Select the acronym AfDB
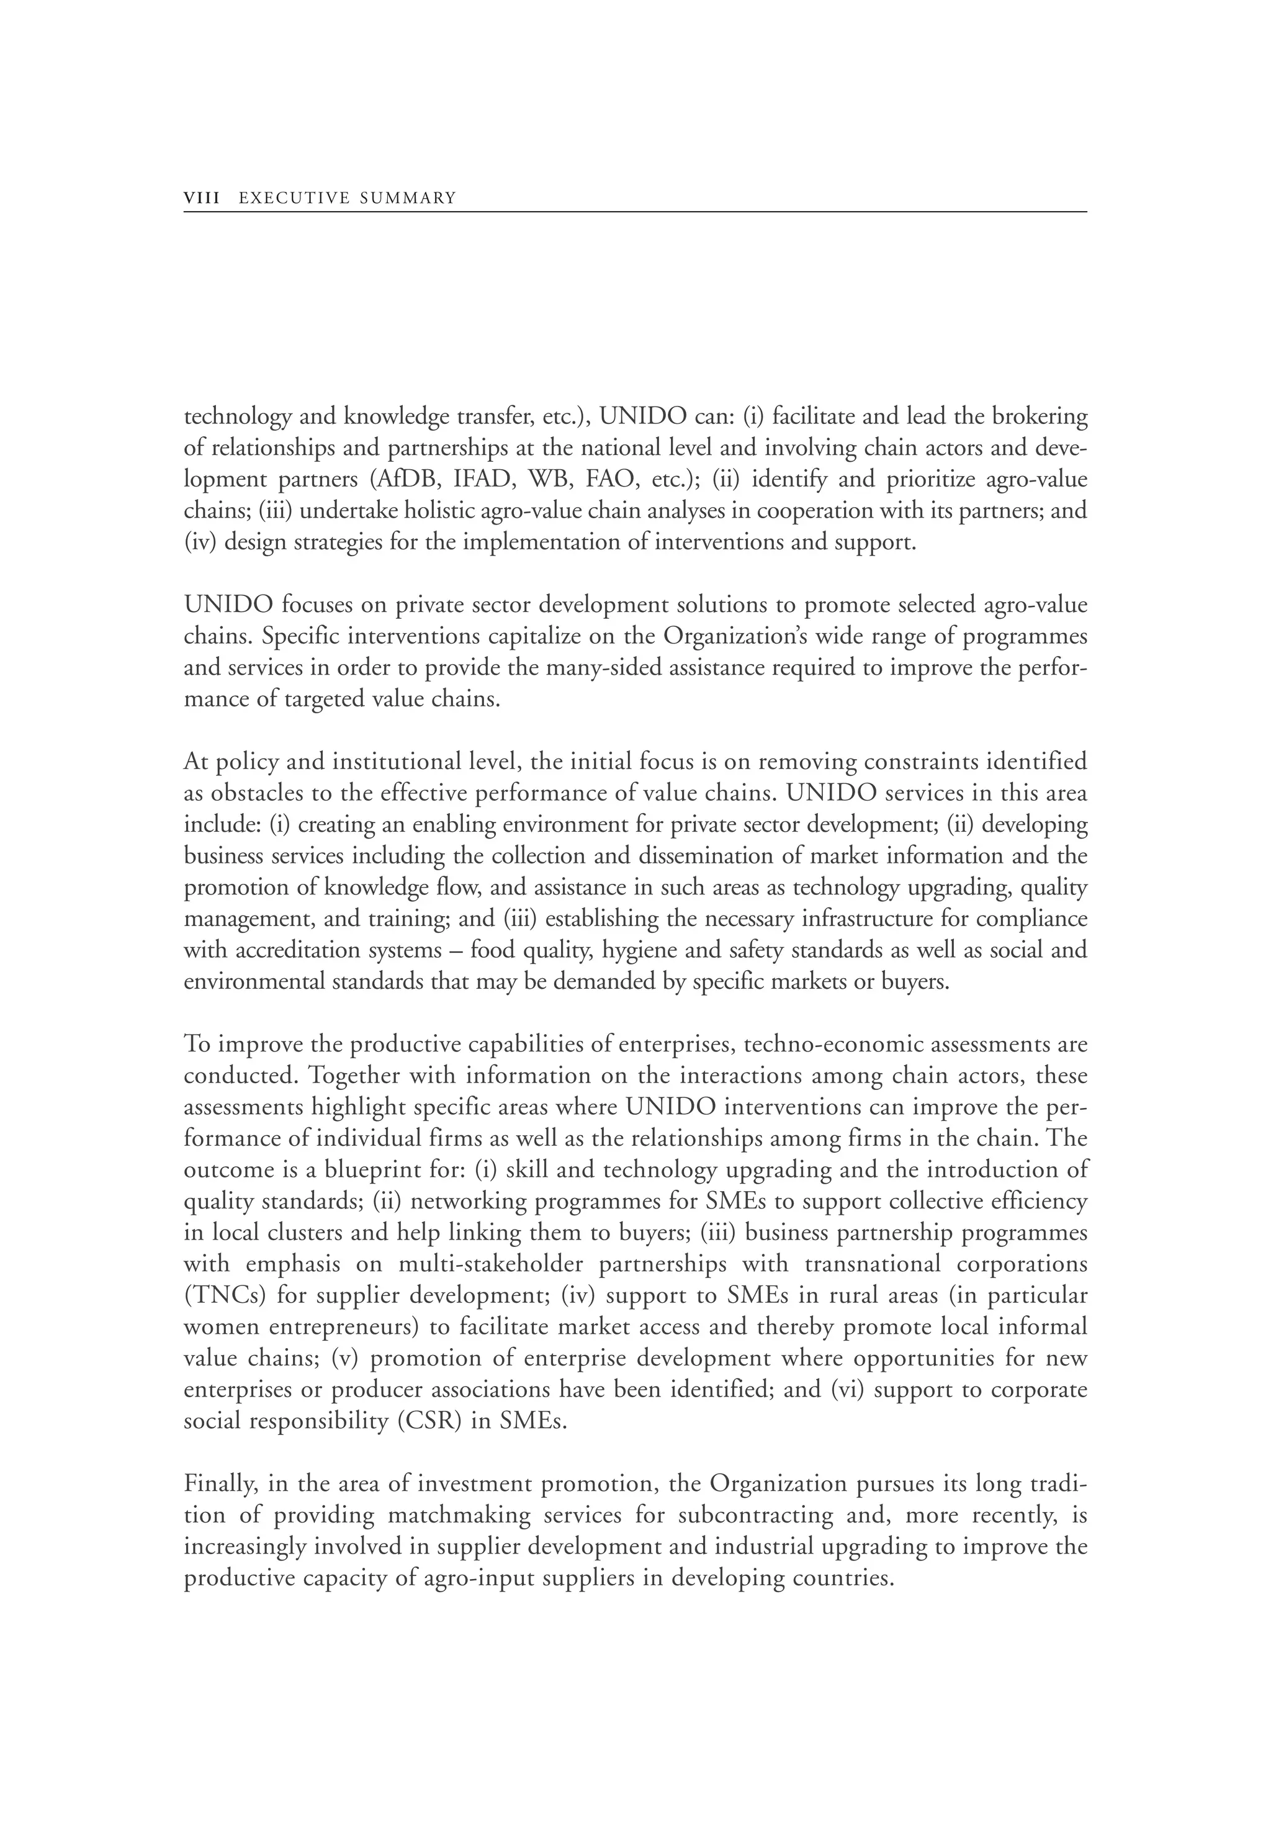(406, 480)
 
